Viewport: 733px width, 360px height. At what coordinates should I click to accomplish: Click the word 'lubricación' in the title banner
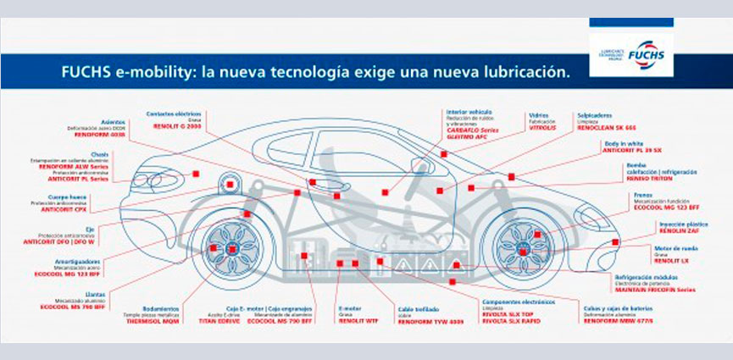(527, 73)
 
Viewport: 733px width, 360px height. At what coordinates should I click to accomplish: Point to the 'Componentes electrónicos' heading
(511, 301)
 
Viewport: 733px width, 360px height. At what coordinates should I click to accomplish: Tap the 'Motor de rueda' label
(652, 247)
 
